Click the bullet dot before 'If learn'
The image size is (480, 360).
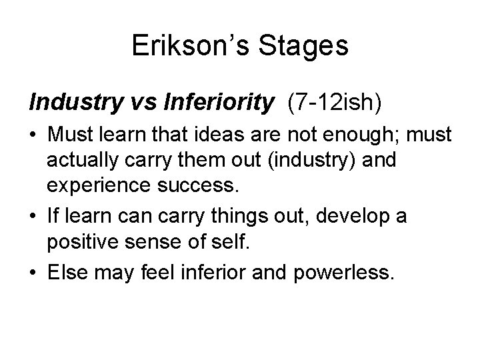33,217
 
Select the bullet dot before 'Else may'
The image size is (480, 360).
33,271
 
